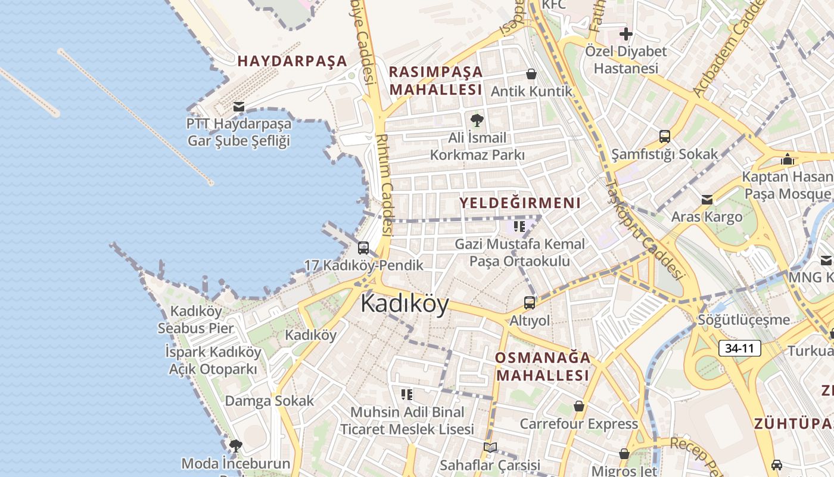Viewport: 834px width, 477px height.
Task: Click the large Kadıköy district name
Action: coord(404,304)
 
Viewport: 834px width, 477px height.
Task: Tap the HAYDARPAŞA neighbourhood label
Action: coord(292,61)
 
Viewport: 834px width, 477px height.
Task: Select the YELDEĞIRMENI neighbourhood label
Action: coord(519,203)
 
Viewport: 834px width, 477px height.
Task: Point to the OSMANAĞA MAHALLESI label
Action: coord(543,366)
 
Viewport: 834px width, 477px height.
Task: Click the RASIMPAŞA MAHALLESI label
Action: coord(435,80)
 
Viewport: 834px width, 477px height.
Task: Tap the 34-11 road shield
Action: coord(740,348)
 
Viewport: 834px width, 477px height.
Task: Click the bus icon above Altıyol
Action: coord(530,302)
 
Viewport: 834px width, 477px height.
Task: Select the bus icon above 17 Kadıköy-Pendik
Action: coord(363,247)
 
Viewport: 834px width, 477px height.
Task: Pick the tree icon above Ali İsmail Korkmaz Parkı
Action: coord(477,121)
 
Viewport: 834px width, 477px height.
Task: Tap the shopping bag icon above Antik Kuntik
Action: coord(531,74)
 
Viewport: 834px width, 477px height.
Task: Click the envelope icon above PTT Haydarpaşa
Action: coord(239,107)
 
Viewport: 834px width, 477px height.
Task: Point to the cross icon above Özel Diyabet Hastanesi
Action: coord(625,33)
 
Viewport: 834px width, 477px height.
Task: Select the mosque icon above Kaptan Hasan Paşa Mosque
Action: coord(788,159)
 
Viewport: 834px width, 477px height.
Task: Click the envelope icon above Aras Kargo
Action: coord(707,199)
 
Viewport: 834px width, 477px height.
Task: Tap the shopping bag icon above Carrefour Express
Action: coord(578,406)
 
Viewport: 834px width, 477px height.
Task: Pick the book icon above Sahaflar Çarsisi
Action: coord(490,447)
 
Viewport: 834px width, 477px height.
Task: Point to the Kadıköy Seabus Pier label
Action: coord(196,320)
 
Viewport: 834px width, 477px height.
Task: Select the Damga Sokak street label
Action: coord(269,401)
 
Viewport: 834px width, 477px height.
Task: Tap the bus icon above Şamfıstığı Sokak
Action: coord(665,137)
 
